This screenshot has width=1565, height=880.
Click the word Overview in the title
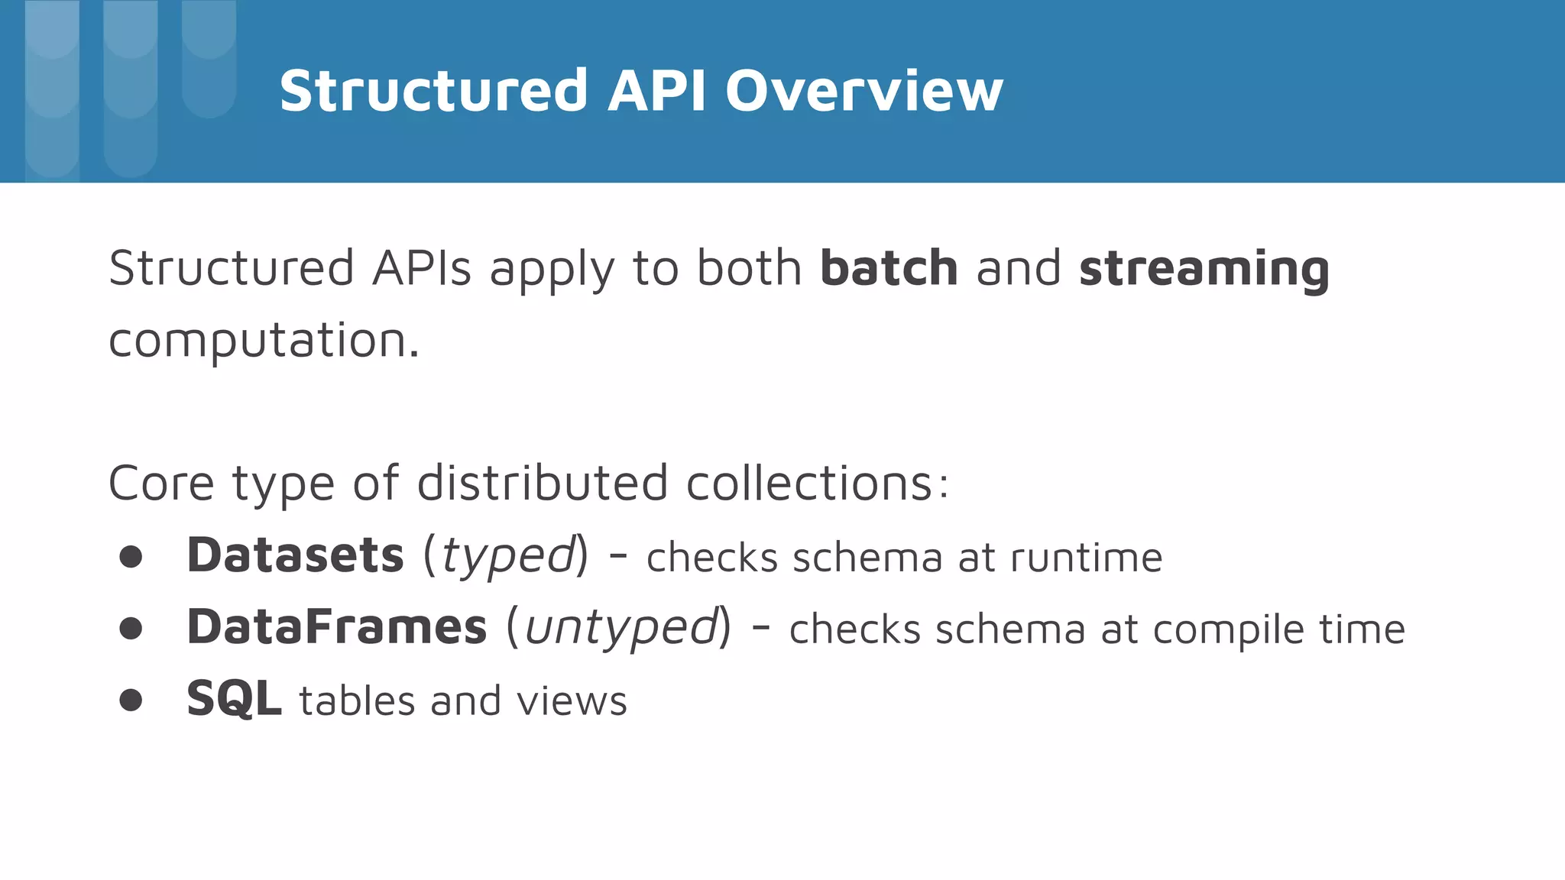pos(864,91)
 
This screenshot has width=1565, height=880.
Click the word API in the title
pos(657,91)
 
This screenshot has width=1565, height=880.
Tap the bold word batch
pos(889,268)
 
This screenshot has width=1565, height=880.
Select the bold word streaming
pos(1204,270)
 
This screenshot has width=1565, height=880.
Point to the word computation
pos(264,340)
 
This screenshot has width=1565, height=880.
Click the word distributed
pos(543,483)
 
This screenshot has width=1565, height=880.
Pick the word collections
pos(816,483)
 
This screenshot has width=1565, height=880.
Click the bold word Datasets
pos(295,555)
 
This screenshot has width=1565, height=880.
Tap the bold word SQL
pos(234,699)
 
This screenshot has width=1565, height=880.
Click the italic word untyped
pos(621,628)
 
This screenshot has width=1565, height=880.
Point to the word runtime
pos(1086,557)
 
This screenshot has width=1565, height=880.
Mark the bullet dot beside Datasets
pos(131,557)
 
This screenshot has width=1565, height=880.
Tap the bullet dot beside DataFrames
pos(131,629)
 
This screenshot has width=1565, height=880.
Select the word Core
pos(161,483)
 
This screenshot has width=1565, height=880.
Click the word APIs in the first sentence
pos(422,268)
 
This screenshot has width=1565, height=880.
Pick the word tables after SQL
pos(356,700)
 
